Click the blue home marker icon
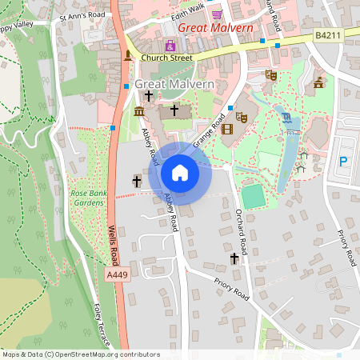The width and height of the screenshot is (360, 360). coord(180,172)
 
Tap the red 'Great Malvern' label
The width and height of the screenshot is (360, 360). coord(215,28)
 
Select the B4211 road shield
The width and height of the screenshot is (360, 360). coord(328,35)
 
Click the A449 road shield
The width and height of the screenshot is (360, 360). coord(118,274)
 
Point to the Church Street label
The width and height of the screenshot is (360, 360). coord(167,58)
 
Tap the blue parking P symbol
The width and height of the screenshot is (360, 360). coord(343,162)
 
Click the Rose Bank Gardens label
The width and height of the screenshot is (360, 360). coord(88,198)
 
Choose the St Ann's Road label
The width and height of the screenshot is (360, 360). coord(82,15)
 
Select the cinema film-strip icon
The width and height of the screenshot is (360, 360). coord(228,129)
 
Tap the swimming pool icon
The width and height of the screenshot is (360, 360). coord(286,118)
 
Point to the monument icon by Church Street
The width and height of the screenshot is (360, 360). coord(127,54)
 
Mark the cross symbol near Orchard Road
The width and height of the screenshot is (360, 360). coord(234,258)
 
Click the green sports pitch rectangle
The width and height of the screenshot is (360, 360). coord(253,196)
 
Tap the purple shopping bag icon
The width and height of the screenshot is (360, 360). coord(170,46)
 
